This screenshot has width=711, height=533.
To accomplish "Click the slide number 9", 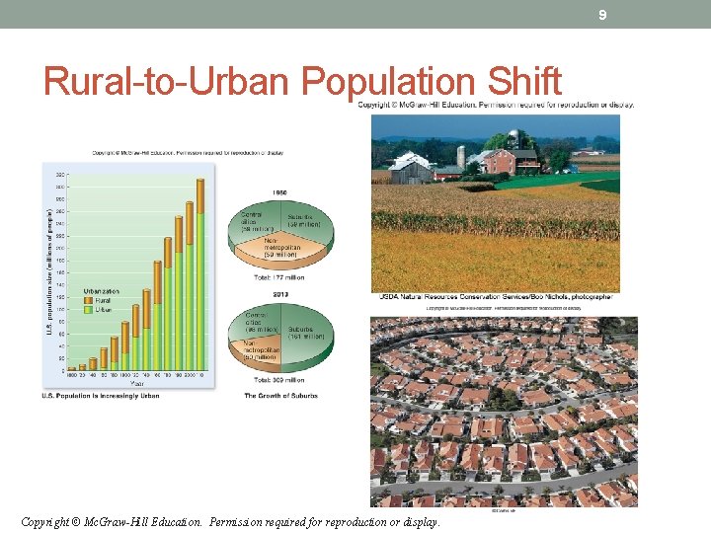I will pyautogui.click(x=601, y=15).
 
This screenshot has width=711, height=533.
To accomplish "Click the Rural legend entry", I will pyautogui.click(x=102, y=301).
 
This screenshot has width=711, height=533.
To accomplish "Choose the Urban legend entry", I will pyautogui.click(x=103, y=309).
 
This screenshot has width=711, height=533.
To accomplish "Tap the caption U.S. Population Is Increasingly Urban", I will pyautogui.click(x=101, y=397).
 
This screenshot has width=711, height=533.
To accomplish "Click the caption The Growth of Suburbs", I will pyautogui.click(x=280, y=396).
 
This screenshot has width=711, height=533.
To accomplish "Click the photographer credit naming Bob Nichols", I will pyautogui.click(x=494, y=296).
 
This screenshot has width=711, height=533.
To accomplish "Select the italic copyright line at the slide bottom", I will pyautogui.click(x=230, y=520).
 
